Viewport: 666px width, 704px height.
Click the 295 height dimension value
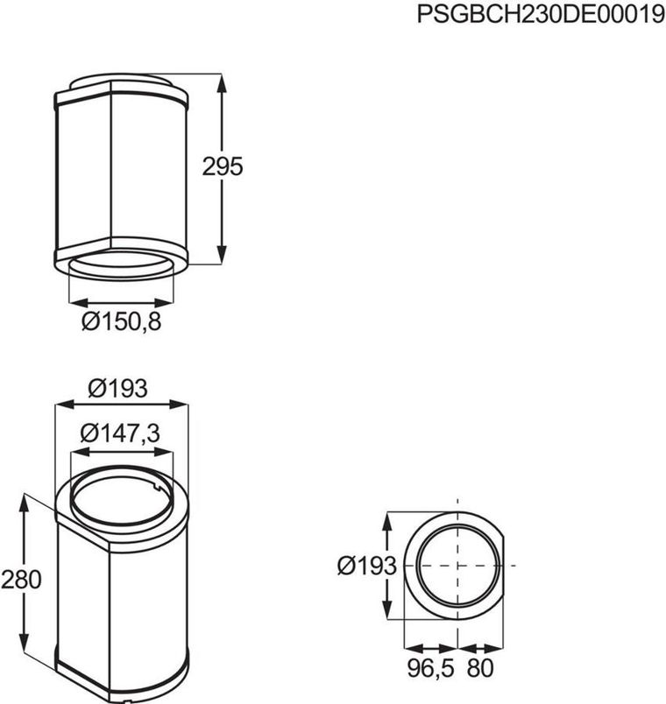pos(223,167)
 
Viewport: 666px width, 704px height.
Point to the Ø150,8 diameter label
pos(122,322)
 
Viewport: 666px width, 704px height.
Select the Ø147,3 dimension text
pos(122,433)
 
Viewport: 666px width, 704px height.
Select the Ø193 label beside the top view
pos(367,567)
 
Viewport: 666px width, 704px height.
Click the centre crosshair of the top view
pos(458,566)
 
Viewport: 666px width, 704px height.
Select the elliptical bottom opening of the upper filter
pos(122,267)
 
